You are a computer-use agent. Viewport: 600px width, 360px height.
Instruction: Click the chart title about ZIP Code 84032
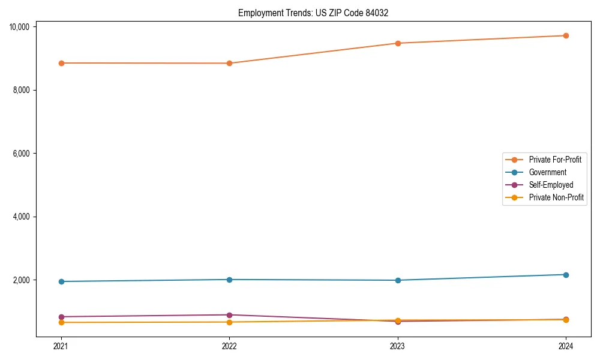pos(313,13)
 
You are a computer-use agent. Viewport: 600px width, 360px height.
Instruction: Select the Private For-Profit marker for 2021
pos(61,63)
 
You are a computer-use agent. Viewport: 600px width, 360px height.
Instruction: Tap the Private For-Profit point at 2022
pos(229,63)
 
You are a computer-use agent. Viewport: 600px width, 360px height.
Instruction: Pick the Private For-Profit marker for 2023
pos(398,43)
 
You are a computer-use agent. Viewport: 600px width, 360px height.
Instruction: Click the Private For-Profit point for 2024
pos(566,35)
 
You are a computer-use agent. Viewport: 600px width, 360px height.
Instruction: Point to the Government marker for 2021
pos(61,281)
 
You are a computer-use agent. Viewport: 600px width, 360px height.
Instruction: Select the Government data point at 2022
pos(229,280)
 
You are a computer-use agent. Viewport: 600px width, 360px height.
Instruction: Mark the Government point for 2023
pos(398,280)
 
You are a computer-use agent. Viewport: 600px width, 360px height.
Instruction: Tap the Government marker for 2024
pos(566,275)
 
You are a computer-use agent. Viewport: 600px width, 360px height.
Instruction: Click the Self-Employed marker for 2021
pos(61,317)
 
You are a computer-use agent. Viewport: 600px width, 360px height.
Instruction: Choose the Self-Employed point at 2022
pos(229,315)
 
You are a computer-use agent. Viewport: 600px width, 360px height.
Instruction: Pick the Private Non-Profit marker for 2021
pos(61,323)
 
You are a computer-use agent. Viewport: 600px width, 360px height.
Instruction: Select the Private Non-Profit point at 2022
pos(229,322)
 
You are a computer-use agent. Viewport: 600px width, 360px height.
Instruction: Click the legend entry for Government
pos(547,172)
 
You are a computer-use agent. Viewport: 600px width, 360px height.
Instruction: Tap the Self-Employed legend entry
pos(551,185)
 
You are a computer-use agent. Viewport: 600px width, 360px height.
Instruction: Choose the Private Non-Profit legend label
pos(556,197)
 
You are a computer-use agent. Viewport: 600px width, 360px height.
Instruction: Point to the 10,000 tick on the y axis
pos(20,27)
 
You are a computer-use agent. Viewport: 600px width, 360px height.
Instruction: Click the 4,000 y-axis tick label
pos(22,217)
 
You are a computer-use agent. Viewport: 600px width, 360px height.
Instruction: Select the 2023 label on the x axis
pos(398,346)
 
